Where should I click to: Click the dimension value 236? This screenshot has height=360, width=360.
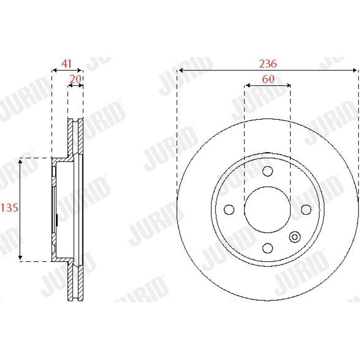point(268,63)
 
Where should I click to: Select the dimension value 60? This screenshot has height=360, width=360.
point(268,79)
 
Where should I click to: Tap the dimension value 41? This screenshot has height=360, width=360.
point(67,63)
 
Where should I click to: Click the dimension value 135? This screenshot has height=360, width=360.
point(9,208)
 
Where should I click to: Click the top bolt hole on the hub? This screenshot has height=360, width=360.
point(268,171)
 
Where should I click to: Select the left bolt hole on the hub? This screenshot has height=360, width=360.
point(229,210)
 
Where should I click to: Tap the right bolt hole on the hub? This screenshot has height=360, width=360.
point(306,210)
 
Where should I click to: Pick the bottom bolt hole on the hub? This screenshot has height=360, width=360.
point(268,248)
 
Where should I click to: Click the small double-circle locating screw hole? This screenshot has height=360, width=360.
point(295,237)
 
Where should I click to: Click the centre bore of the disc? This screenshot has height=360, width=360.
point(268,210)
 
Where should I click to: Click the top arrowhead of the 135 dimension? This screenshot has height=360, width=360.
point(20,161)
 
